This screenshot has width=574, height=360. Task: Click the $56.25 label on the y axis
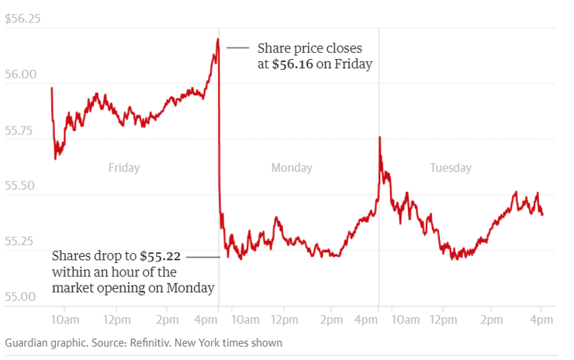coord(22,19)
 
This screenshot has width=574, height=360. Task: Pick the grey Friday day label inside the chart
coord(124,168)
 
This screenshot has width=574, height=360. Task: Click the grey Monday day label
coord(292,168)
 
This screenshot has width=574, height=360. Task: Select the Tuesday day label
coord(451,168)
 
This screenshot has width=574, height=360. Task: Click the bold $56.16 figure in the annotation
coord(292,64)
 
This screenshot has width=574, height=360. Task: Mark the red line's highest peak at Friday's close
coord(218,39)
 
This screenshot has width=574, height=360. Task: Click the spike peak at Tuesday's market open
coord(379,137)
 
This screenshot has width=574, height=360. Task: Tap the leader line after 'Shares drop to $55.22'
coord(202,256)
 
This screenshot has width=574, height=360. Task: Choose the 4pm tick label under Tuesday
coord(541,320)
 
